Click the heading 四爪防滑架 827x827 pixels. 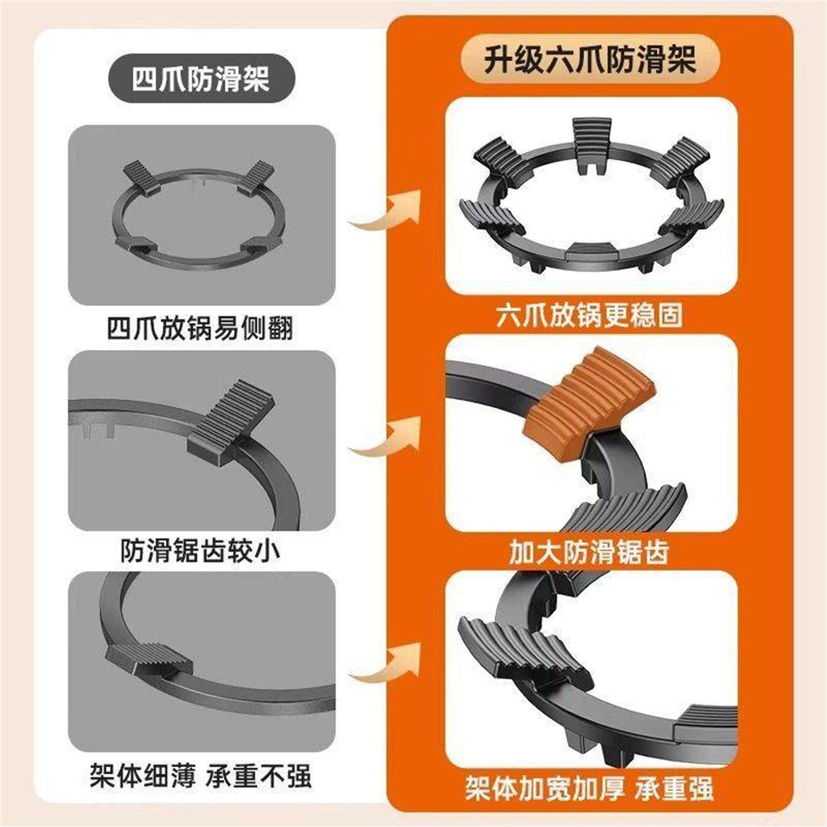200,80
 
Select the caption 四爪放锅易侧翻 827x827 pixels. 200,329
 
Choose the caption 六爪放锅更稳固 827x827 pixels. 589,315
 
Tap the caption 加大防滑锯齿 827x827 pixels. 589,552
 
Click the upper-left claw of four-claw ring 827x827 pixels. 141,175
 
